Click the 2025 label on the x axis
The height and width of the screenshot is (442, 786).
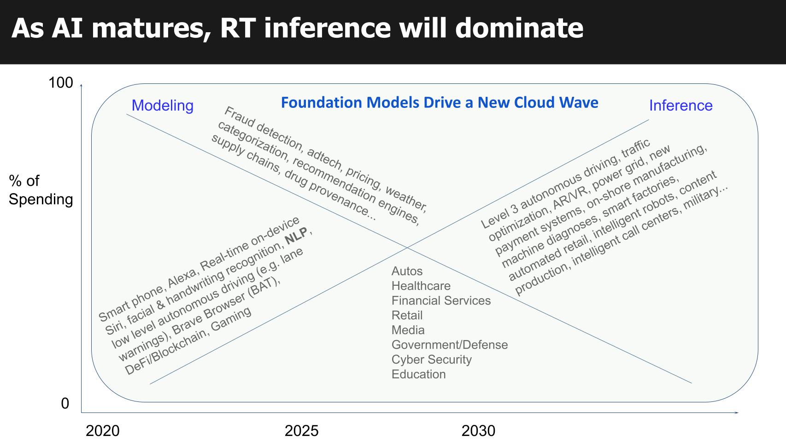tap(301, 431)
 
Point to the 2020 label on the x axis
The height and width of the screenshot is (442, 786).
tap(102, 431)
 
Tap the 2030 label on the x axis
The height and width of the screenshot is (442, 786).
tap(478, 431)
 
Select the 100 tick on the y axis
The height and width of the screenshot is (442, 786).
tap(61, 83)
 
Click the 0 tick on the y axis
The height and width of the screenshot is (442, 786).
tap(65, 404)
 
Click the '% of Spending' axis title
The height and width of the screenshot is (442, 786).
tap(41, 190)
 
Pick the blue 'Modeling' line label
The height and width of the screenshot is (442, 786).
tap(162, 106)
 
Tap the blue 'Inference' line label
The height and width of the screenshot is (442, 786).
tap(680, 106)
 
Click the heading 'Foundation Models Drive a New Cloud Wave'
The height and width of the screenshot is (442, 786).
tap(440, 102)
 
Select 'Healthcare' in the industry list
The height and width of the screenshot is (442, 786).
tap(421, 286)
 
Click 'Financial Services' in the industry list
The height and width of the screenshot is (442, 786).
tap(441, 301)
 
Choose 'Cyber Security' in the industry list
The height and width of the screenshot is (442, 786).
tap(431, 359)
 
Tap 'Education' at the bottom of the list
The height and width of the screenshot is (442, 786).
tap(418, 374)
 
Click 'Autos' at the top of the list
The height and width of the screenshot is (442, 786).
tap(407, 271)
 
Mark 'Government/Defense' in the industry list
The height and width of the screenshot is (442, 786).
tap(449, 345)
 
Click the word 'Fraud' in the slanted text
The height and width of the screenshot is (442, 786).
tap(237, 118)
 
